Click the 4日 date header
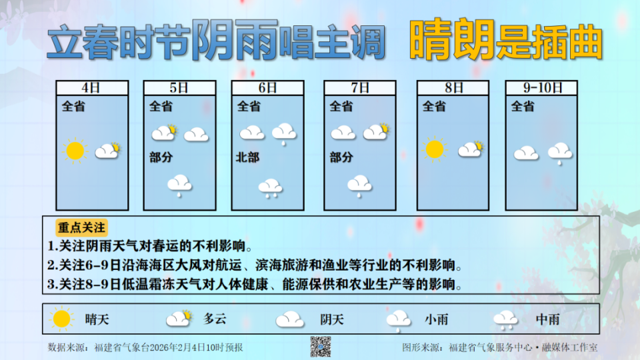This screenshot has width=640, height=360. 92,88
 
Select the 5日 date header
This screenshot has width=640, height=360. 179,88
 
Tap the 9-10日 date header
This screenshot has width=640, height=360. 541,88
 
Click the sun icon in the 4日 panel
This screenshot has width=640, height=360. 75,151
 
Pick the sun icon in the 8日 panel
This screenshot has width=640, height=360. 434,149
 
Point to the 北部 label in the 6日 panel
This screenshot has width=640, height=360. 249,158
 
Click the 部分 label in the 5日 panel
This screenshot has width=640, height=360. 161,158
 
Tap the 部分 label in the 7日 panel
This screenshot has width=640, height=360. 341,158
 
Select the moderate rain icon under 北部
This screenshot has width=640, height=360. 270,187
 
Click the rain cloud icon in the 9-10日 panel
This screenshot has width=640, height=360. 560,153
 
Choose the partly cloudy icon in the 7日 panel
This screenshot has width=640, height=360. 376,132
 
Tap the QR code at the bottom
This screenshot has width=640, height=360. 321,347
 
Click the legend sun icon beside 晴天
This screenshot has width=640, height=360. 61,319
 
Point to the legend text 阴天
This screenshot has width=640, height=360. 331,319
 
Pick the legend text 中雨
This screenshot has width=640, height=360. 548,319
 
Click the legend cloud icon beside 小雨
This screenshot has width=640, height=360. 398,320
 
